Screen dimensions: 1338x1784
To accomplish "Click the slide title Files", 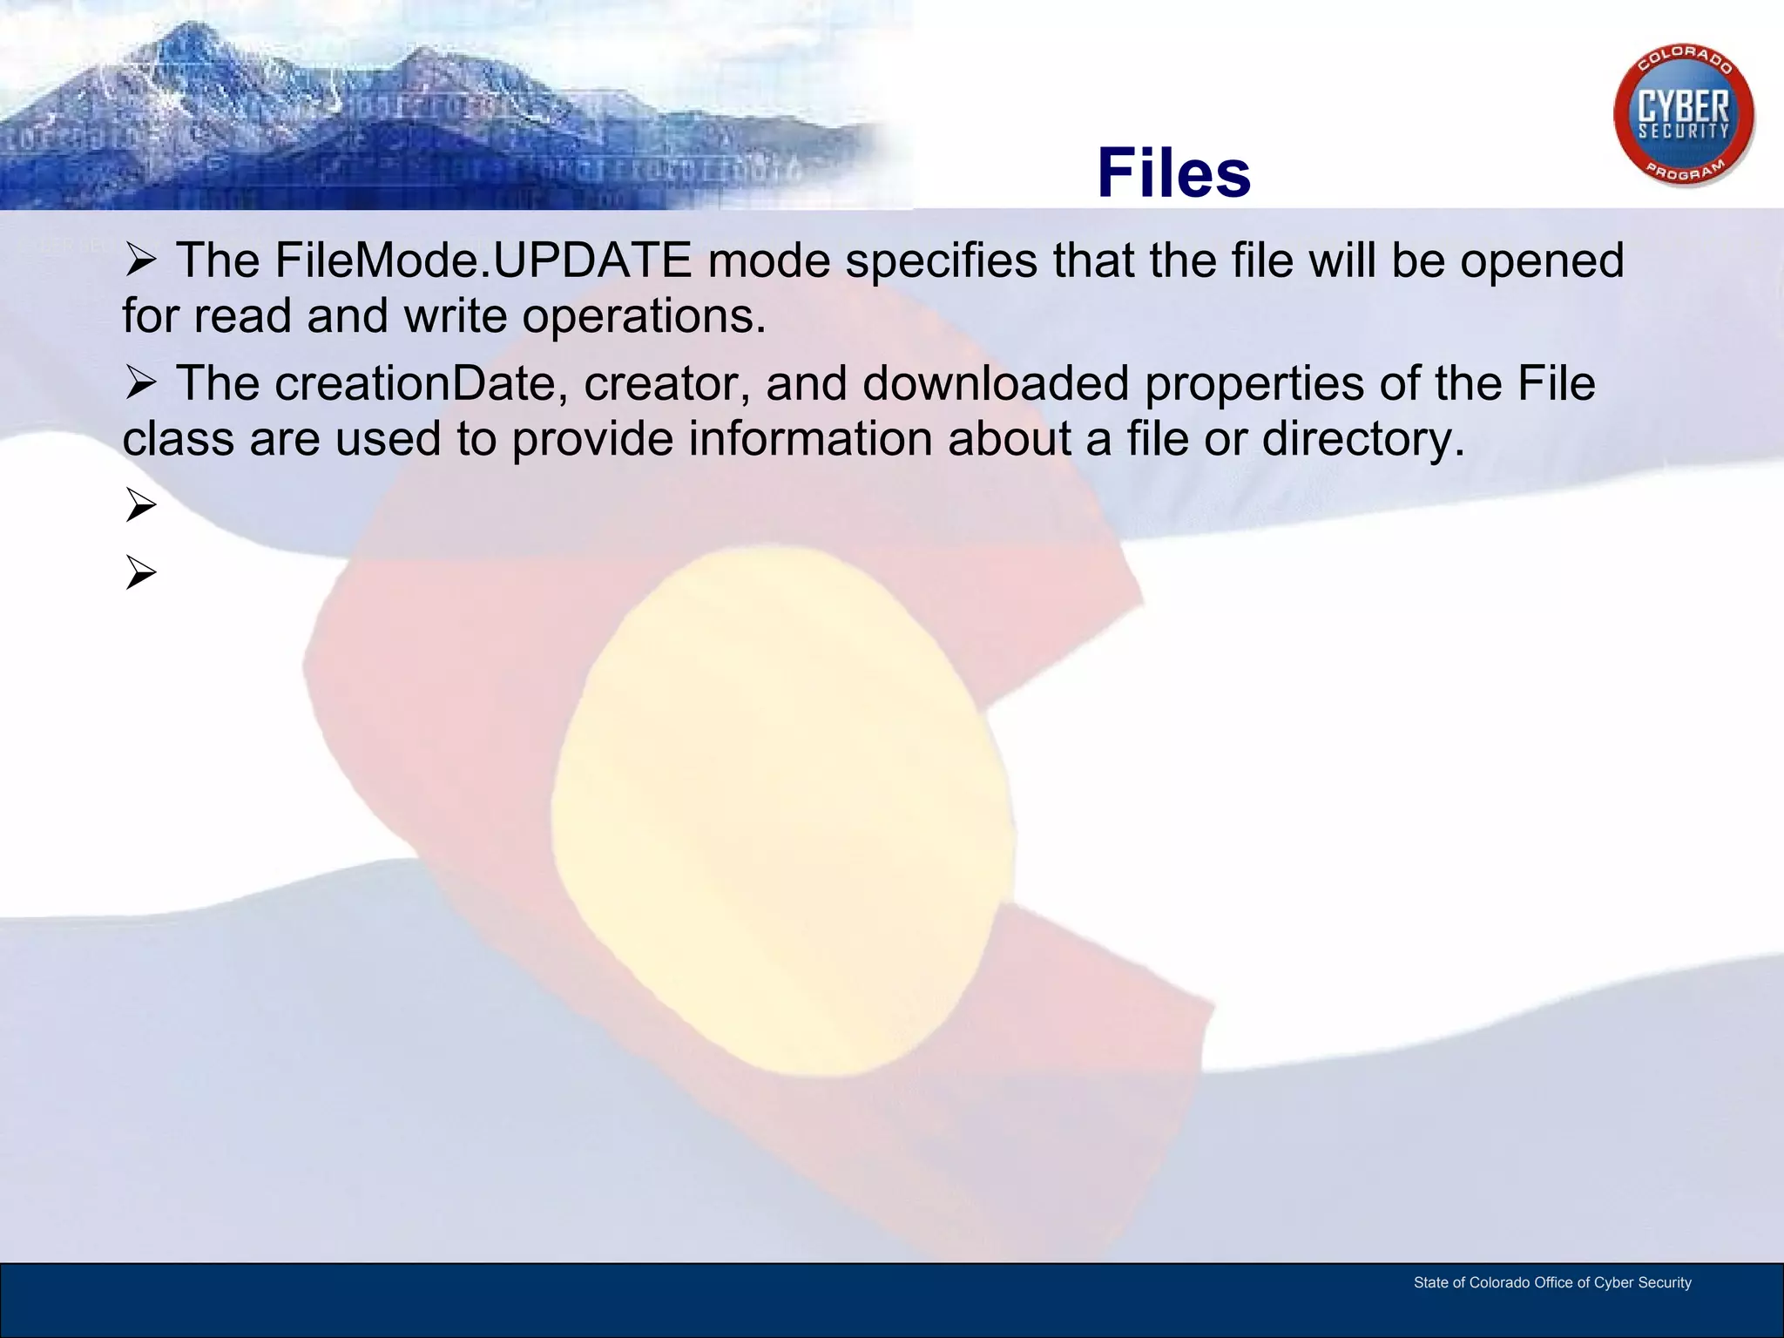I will (1173, 172).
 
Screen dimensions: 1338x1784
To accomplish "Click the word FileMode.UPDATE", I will (483, 260).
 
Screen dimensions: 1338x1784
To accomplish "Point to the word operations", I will (643, 315).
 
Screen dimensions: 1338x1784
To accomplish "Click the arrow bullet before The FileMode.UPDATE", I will (140, 260).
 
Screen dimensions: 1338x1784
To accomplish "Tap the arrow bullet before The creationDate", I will (140, 383).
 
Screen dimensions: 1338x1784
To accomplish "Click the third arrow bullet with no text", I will (140, 505).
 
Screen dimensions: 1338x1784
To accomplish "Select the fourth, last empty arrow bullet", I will (140, 573).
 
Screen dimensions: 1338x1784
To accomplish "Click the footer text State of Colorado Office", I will (1551, 1282).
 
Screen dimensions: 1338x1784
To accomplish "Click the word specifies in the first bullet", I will (941, 260).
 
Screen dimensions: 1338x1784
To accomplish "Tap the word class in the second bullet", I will (178, 438).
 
